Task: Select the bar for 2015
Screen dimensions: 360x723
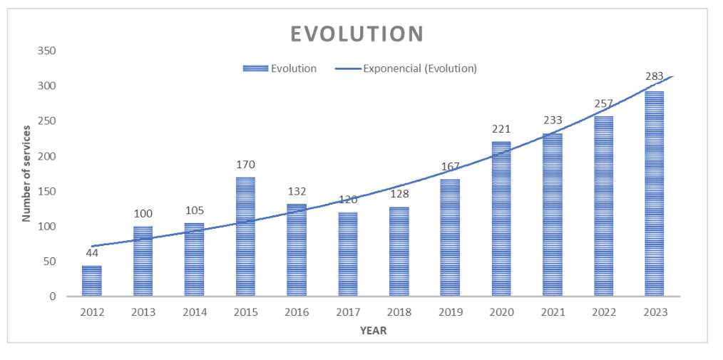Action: [x=245, y=237]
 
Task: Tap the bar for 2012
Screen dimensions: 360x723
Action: [x=91, y=281]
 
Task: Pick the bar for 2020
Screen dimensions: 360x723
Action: [x=501, y=219]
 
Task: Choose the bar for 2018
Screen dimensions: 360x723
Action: [x=399, y=252]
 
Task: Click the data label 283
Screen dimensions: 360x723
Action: [x=655, y=76]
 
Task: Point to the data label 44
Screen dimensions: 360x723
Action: [x=91, y=252]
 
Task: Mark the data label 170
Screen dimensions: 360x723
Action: [x=245, y=165]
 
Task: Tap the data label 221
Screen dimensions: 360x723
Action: [x=501, y=129]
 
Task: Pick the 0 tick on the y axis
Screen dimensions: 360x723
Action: [x=51, y=297]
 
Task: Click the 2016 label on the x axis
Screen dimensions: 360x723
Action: [x=297, y=312]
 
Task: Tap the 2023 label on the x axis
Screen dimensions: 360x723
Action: [x=655, y=312]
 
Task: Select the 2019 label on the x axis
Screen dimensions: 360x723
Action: [x=450, y=312]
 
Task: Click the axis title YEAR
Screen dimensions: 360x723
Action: [x=373, y=330]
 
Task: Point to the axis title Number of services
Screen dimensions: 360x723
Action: [x=26, y=173]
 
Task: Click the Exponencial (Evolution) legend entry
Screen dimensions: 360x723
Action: [x=420, y=68]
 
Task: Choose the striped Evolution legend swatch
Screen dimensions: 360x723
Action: [x=255, y=68]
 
